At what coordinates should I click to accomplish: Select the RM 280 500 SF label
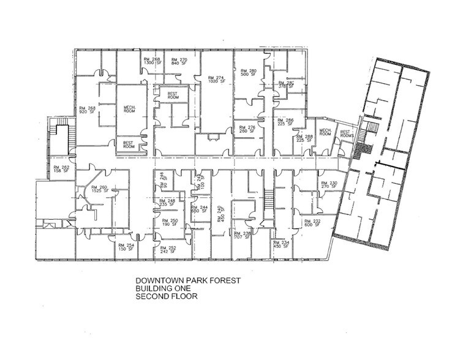click(x=248, y=73)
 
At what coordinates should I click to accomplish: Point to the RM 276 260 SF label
click(x=247, y=129)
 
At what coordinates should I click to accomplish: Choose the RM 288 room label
click(x=304, y=138)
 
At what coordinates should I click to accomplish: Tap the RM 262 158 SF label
click(x=61, y=170)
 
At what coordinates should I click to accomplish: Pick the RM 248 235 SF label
click(x=167, y=203)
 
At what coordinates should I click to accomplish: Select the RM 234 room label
click(x=282, y=245)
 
